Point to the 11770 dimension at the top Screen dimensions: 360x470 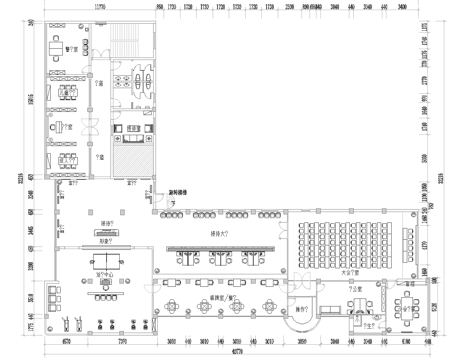coord(99,6)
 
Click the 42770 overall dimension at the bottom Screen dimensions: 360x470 coord(236,351)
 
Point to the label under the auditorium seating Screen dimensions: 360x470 coord(351,271)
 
